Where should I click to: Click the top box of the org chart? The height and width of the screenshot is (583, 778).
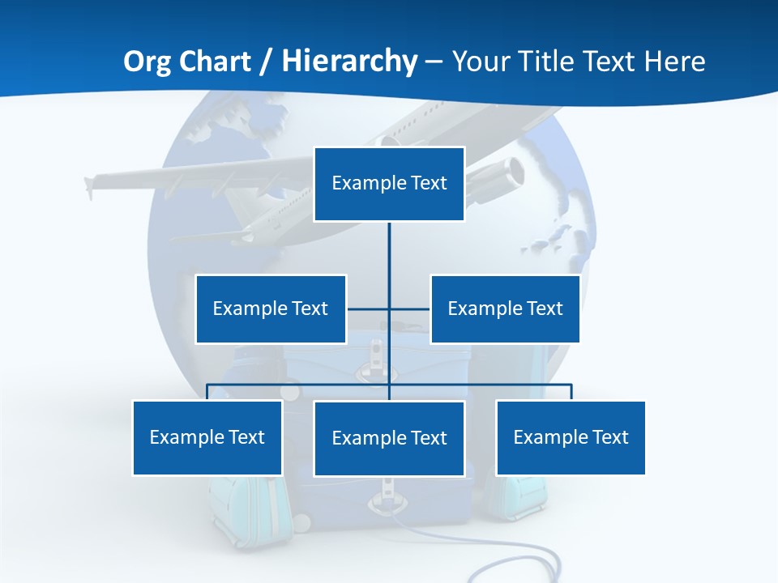pyautogui.click(x=389, y=184)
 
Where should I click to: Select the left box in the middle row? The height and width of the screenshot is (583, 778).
pyautogui.click(x=271, y=309)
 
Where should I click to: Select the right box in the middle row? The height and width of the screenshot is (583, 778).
pyautogui.click(x=505, y=309)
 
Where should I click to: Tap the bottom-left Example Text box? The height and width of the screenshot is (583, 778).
pyautogui.click(x=207, y=437)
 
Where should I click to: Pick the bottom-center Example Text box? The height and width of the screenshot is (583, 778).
pyautogui.click(x=389, y=438)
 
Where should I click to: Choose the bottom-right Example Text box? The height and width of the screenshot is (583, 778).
pyautogui.click(x=571, y=437)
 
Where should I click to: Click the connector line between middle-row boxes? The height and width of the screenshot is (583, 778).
pyautogui.click(x=369, y=309)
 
